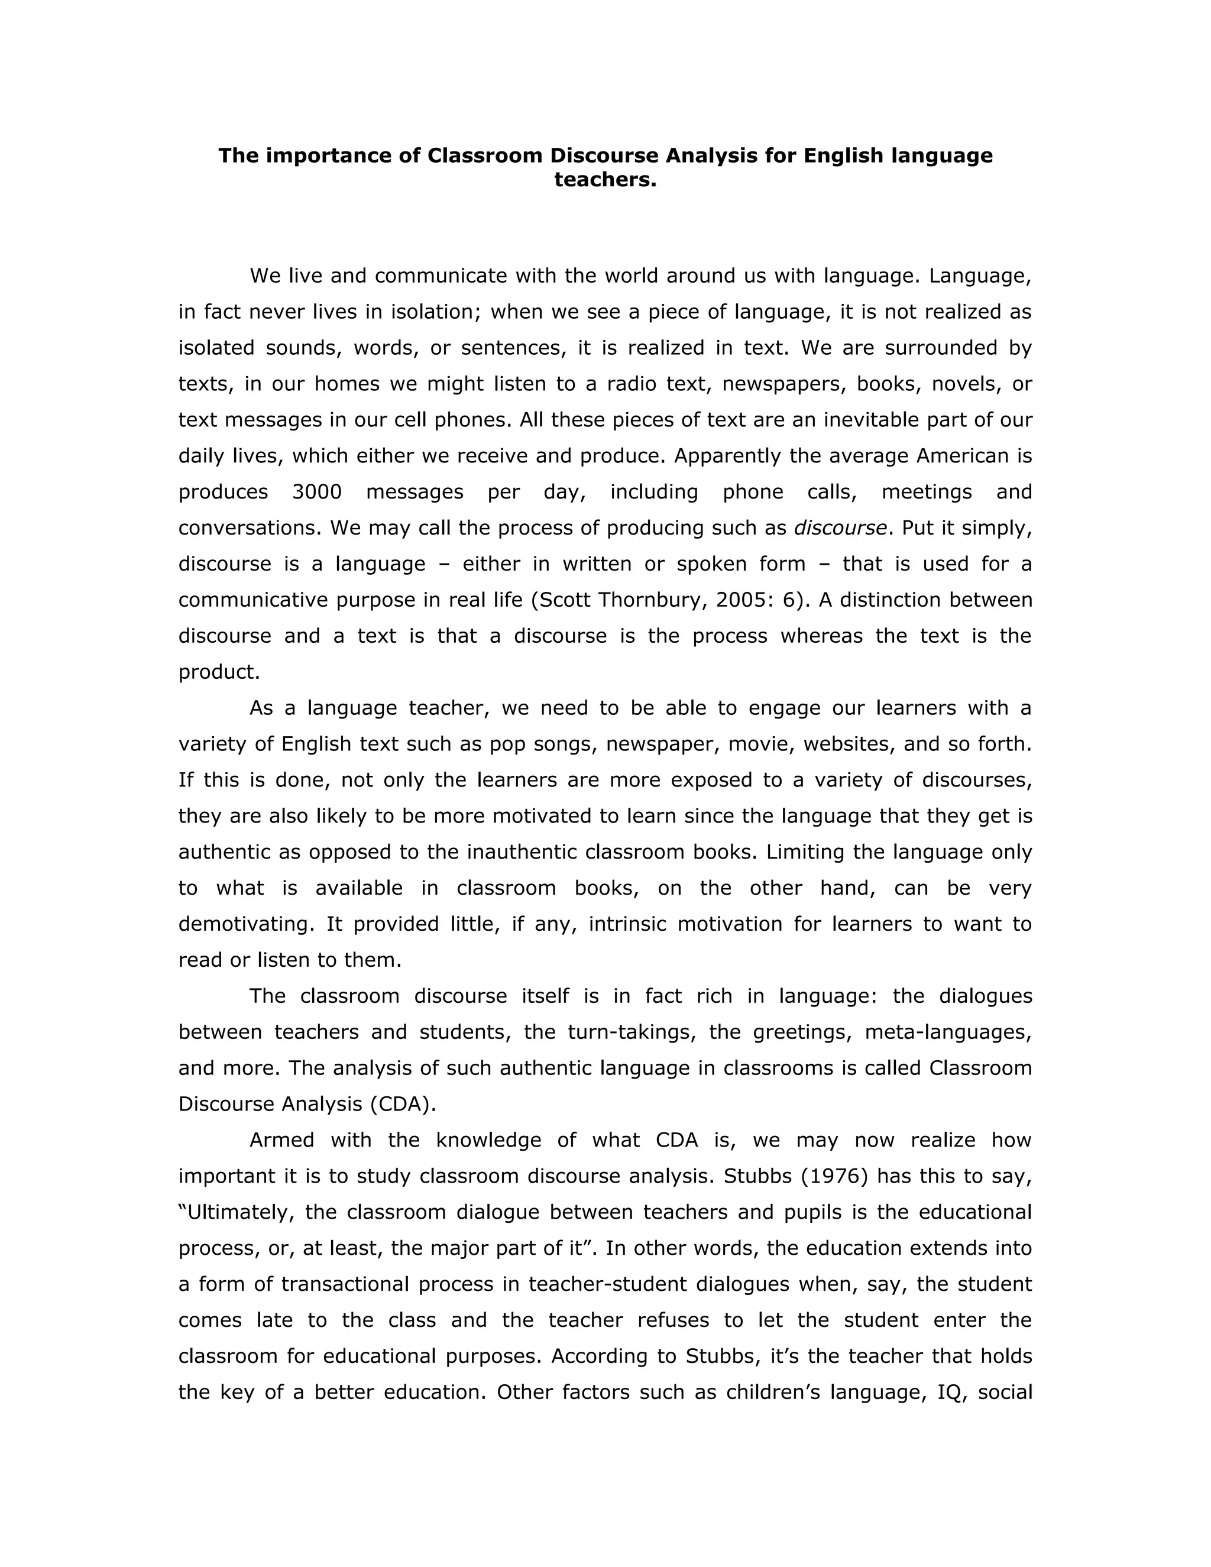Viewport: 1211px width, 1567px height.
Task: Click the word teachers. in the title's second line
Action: [605, 179]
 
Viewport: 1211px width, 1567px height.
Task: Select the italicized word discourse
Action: [840, 527]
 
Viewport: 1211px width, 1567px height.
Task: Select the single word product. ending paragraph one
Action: [219, 672]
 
